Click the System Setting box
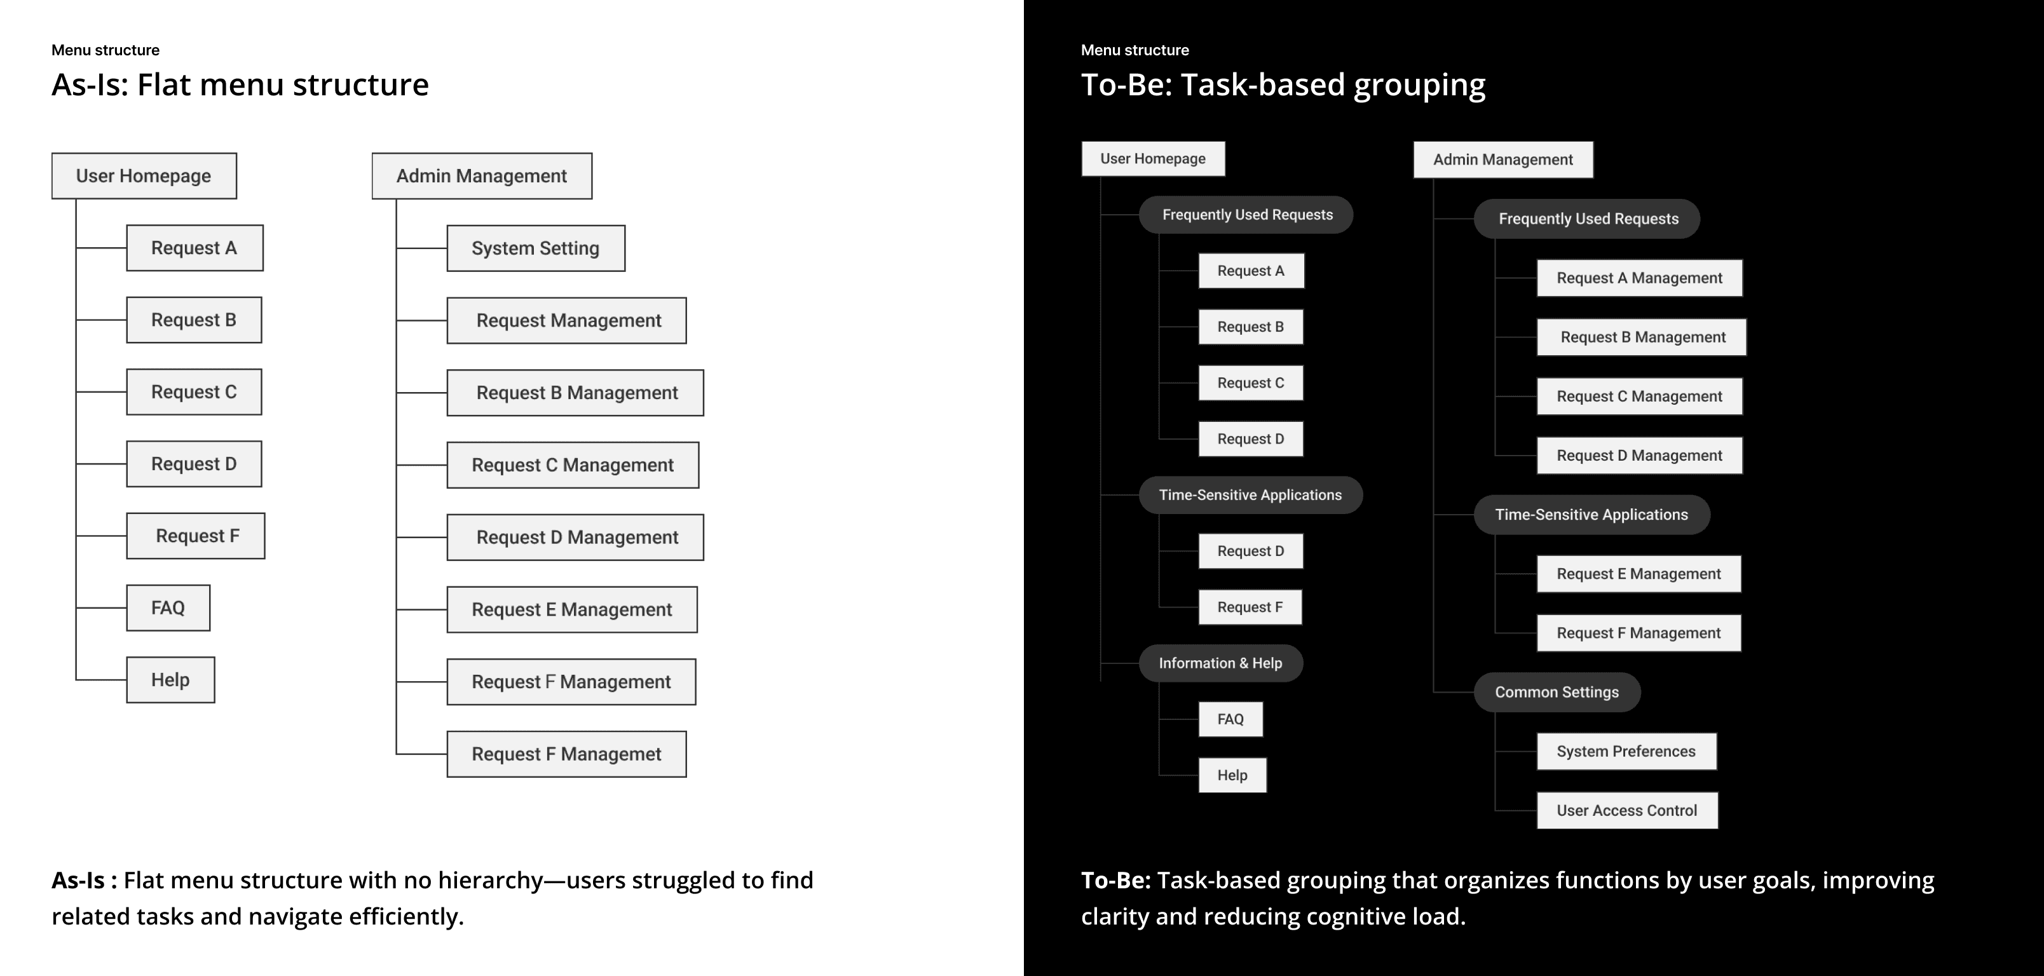click(536, 248)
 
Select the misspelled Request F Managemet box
click(566, 754)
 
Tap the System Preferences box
click(1626, 752)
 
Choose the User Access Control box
click(1626, 810)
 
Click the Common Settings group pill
click(1556, 692)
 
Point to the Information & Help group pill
click(1220, 663)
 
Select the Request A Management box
click(1639, 278)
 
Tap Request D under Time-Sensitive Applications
click(1251, 551)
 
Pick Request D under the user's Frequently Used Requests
click(1251, 439)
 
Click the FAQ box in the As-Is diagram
click(168, 608)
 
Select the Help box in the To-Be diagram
click(1232, 775)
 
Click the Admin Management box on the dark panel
click(1503, 159)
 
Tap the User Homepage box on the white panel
click(144, 176)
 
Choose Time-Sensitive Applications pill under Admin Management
click(1591, 515)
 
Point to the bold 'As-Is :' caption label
click(84, 880)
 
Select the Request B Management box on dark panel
click(1642, 337)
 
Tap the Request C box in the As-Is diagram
click(194, 392)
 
